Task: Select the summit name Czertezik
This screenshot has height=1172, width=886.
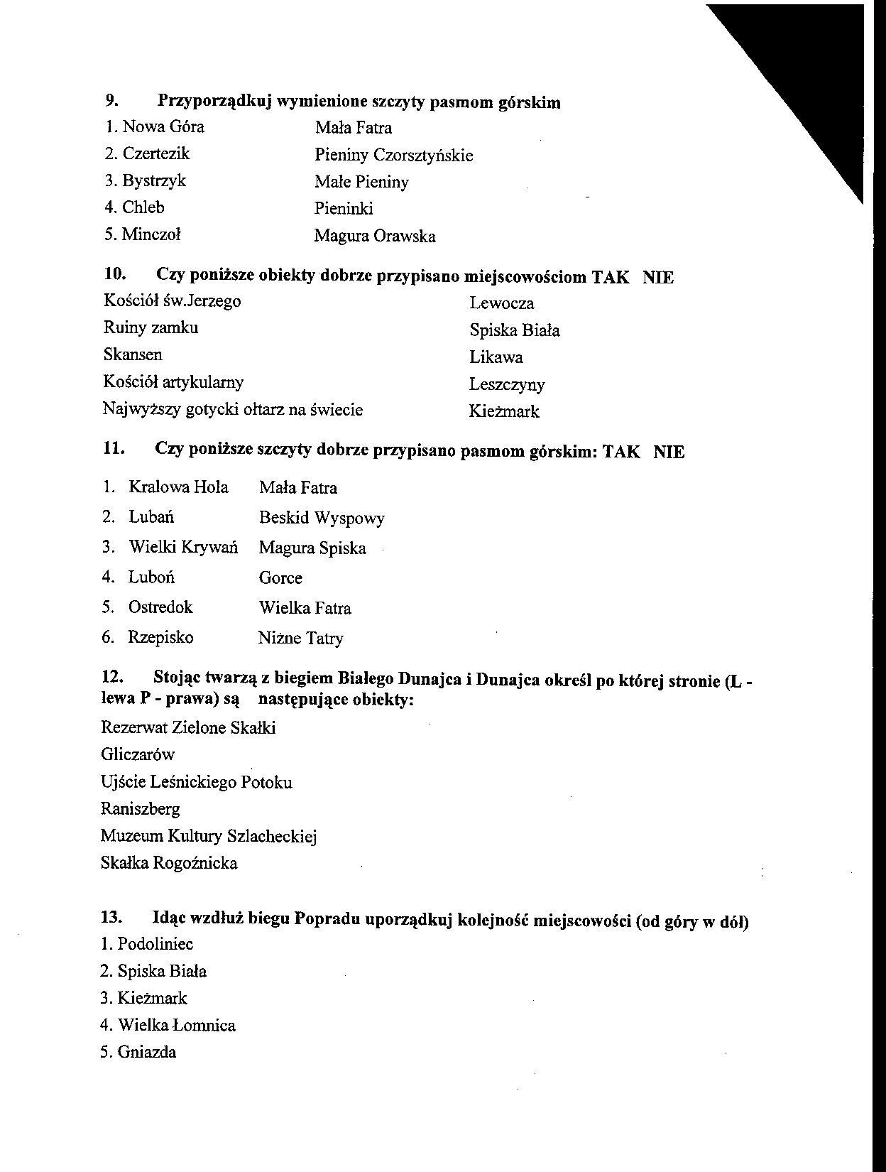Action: (155, 153)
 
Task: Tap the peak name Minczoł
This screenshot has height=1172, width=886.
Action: (151, 234)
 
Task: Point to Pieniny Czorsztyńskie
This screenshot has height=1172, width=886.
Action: (393, 155)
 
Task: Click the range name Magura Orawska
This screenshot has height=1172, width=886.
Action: (375, 236)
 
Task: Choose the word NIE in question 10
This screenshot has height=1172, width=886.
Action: (658, 277)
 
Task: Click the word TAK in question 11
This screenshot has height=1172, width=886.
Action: (621, 452)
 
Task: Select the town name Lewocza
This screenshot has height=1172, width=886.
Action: (501, 303)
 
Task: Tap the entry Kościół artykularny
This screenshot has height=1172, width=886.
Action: (173, 382)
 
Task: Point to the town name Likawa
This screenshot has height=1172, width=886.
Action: (496, 357)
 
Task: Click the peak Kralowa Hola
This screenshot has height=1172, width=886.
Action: (178, 487)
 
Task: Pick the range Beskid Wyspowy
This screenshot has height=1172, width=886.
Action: (322, 518)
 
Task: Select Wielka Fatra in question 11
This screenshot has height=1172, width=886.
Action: (305, 608)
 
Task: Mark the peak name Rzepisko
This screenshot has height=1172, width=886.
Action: (160, 637)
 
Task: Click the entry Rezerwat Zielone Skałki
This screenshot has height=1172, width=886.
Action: (188, 727)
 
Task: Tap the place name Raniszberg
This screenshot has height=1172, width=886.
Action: (141, 809)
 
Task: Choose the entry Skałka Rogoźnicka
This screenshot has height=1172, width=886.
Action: (169, 863)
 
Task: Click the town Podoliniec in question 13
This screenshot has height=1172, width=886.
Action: (155, 944)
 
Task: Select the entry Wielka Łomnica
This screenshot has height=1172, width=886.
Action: (176, 1025)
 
